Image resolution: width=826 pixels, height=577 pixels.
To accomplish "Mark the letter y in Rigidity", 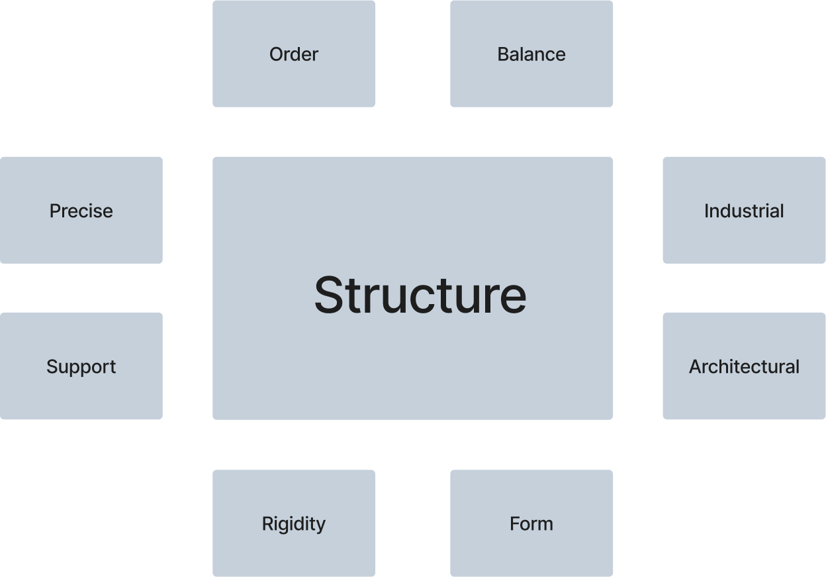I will point(320,526).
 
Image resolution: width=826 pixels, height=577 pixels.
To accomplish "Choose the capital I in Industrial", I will point(706,211).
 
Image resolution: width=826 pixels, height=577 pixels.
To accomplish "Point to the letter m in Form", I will point(545,525).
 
